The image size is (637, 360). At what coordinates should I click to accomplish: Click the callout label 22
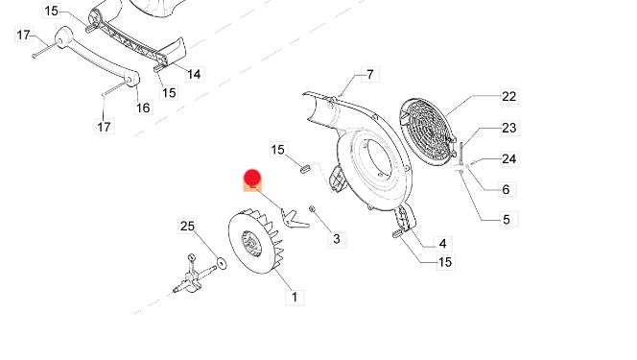509,97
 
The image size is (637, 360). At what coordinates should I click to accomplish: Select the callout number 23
509,128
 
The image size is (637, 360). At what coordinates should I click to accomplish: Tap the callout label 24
509,158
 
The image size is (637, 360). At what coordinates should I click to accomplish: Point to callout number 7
369,74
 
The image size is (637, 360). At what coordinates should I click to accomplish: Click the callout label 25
187,226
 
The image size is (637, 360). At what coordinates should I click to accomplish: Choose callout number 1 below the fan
295,297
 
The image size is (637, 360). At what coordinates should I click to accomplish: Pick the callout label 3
337,239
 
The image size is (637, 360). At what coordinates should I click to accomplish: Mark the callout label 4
442,244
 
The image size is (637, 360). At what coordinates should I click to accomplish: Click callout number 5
507,220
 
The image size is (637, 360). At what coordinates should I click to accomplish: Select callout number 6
506,189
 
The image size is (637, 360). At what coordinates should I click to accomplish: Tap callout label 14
194,74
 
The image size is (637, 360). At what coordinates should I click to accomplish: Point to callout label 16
143,108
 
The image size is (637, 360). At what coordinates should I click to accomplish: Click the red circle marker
252,178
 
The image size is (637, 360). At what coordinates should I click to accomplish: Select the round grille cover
427,132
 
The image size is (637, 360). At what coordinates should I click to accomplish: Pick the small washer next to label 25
222,263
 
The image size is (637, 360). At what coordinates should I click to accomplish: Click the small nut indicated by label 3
312,209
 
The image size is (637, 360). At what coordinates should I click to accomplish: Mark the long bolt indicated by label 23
461,154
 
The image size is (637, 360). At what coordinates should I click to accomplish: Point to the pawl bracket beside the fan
295,219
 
